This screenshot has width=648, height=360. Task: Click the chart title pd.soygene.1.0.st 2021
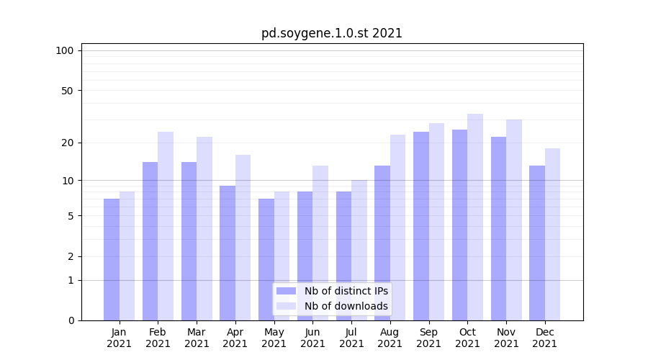click(332, 33)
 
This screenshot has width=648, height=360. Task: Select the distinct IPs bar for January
click(112, 259)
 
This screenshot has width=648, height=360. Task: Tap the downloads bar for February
click(166, 226)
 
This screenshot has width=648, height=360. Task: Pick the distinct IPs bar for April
click(228, 253)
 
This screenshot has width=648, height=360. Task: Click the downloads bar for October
click(475, 217)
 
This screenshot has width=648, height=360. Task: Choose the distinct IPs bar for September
click(421, 226)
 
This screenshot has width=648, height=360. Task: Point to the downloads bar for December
click(552, 234)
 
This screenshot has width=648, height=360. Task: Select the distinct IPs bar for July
click(343, 256)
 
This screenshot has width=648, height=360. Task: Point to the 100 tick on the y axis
click(65, 50)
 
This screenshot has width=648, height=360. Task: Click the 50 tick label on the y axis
click(67, 91)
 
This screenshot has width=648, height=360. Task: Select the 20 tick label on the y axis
click(67, 143)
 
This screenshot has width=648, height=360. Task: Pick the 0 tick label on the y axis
click(71, 320)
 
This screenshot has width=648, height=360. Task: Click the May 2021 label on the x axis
click(274, 338)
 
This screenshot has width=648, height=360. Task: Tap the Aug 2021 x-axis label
click(390, 338)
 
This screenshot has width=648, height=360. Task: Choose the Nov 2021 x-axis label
click(506, 338)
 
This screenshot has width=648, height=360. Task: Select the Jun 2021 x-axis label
click(312, 338)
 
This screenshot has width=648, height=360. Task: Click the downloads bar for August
click(397, 228)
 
